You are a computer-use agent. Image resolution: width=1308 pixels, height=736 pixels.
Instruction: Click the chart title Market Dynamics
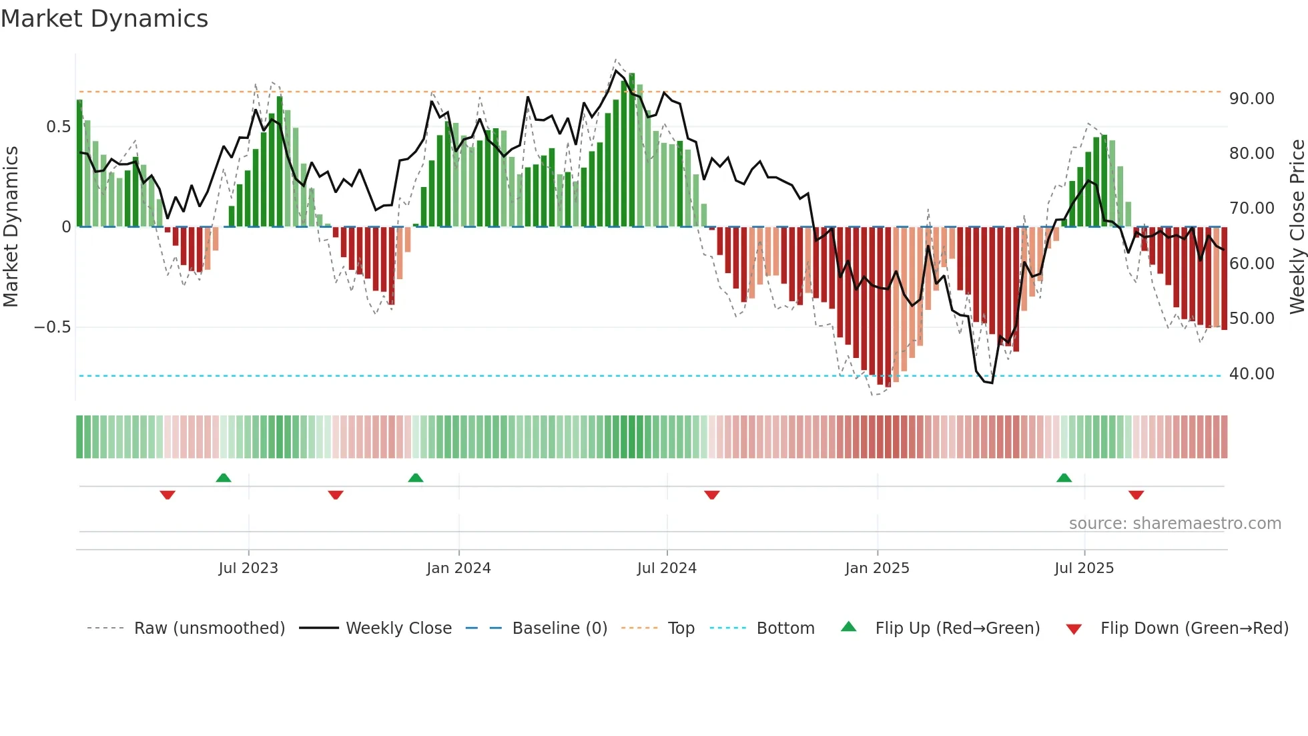click(105, 19)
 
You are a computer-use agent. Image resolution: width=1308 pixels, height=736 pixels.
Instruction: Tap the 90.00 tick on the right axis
click(1251, 99)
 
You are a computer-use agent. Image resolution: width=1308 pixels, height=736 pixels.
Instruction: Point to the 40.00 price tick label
click(1251, 374)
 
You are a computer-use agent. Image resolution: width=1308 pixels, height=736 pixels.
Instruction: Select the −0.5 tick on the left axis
click(52, 327)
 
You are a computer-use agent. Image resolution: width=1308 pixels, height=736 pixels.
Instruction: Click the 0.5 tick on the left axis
click(58, 127)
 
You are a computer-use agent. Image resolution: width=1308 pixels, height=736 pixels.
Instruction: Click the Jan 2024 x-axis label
click(458, 568)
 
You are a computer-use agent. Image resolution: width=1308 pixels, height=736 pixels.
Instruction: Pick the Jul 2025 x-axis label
click(1084, 568)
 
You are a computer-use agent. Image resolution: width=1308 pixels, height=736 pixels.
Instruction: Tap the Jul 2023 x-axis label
click(248, 568)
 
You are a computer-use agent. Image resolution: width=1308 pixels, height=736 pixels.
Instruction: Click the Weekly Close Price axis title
click(1297, 227)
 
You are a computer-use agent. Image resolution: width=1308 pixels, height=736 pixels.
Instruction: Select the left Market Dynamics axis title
click(11, 227)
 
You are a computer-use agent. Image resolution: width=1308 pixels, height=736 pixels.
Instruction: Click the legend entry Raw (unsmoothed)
click(209, 628)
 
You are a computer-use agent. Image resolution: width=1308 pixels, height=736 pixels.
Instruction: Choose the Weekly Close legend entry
click(398, 628)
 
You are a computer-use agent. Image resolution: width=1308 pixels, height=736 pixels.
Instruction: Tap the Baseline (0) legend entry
click(559, 628)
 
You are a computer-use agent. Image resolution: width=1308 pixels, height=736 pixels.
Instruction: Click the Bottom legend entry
click(785, 628)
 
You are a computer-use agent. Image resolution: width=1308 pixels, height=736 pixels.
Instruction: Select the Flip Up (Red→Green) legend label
click(957, 628)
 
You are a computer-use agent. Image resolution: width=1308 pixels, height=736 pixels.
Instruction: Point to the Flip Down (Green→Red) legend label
click(1194, 628)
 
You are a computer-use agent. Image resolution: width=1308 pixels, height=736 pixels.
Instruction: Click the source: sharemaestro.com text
click(1175, 524)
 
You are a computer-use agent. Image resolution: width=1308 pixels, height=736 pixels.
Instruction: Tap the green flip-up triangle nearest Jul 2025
click(1064, 478)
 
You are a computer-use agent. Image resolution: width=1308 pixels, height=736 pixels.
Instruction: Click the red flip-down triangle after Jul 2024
click(711, 495)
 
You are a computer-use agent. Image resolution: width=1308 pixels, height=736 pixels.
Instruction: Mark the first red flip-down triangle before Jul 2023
click(168, 495)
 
